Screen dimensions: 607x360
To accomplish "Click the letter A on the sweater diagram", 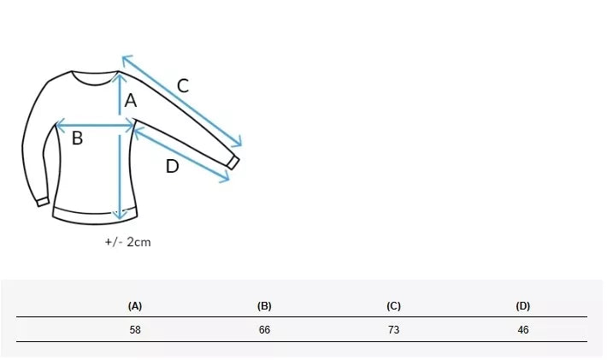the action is pyautogui.click(x=131, y=101).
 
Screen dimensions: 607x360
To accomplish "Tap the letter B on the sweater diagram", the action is pyautogui.click(x=78, y=139).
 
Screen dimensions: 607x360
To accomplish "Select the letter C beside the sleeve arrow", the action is pyautogui.click(x=183, y=86).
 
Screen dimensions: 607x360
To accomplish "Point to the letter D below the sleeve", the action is pyautogui.click(x=172, y=167).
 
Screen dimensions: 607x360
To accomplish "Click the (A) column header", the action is pyautogui.click(x=135, y=306).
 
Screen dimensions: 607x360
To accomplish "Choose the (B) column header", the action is pyautogui.click(x=264, y=306).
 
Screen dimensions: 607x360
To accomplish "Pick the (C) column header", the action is pyautogui.click(x=394, y=306).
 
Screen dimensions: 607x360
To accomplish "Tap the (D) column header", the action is pyautogui.click(x=523, y=306).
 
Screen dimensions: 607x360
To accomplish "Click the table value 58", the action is pyautogui.click(x=135, y=330).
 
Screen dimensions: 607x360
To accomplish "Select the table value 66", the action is pyautogui.click(x=264, y=330).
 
